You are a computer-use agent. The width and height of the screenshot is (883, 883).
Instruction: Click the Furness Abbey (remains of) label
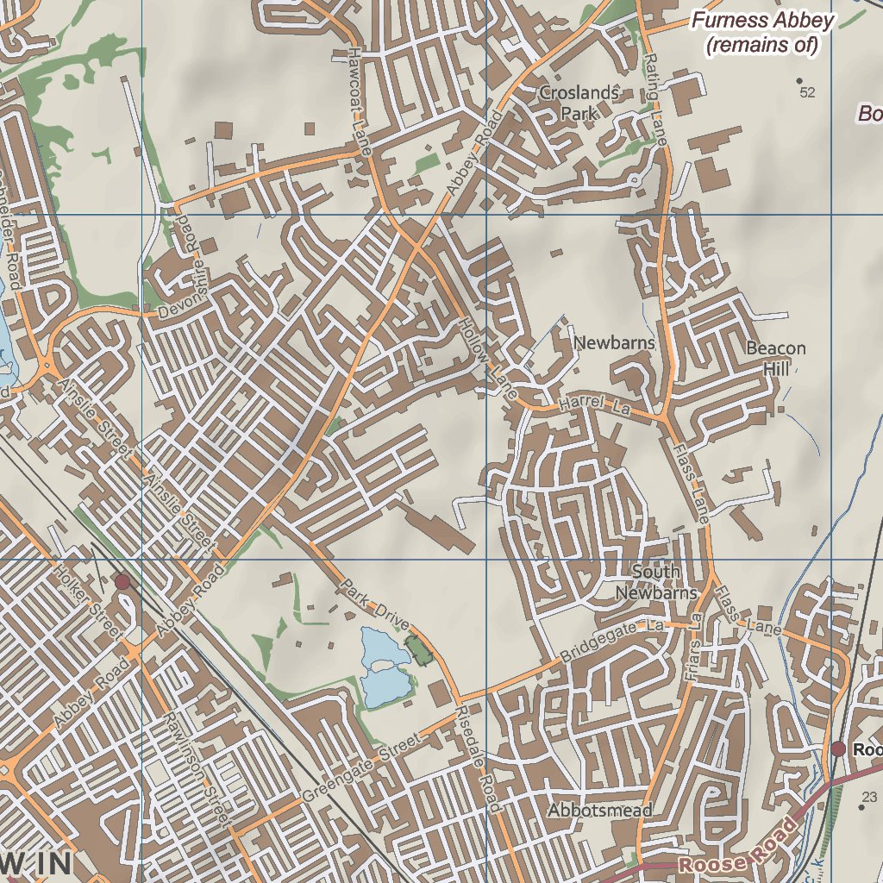(762, 33)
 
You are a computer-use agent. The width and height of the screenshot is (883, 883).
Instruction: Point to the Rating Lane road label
(655, 99)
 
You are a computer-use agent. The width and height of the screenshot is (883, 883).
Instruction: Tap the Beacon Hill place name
(776, 358)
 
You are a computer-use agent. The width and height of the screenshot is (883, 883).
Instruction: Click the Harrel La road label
(595, 405)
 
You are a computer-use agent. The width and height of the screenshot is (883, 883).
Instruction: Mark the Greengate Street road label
(360, 766)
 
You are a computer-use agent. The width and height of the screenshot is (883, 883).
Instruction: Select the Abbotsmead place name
(600, 811)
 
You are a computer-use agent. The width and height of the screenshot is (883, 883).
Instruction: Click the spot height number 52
(807, 92)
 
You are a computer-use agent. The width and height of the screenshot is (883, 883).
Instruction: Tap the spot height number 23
(869, 797)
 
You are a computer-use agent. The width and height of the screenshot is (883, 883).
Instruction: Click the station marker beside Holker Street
(122, 582)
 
